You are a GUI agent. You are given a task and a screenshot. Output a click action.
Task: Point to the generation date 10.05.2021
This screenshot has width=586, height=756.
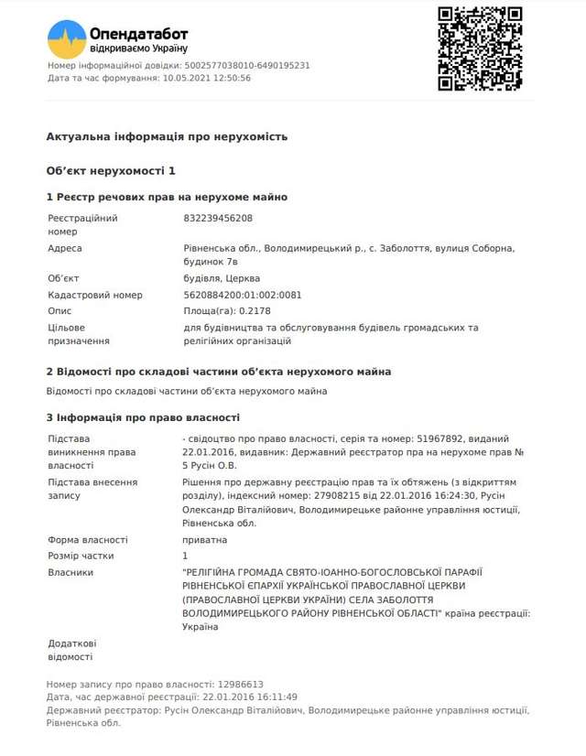pyautogui.click(x=187, y=78)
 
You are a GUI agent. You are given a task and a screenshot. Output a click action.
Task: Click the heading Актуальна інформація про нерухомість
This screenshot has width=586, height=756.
pyautogui.click(x=167, y=136)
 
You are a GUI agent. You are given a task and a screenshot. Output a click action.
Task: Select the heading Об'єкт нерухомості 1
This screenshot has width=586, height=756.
pyautogui.click(x=110, y=171)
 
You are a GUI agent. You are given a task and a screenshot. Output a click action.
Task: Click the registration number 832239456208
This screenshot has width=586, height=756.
pyautogui.click(x=218, y=219)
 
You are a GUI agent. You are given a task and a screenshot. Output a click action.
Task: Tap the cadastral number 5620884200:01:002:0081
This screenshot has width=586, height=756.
pyautogui.click(x=243, y=296)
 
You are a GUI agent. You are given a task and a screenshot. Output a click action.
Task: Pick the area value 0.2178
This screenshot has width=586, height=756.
pyautogui.click(x=241, y=311)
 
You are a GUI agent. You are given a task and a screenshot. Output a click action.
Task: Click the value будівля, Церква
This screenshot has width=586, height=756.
pyautogui.click(x=222, y=278)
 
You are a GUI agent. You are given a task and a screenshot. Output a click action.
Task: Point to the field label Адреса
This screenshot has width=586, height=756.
pyautogui.click(x=64, y=248)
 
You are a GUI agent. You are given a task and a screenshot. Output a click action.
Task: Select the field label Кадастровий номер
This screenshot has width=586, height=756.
pyautogui.click(x=95, y=296)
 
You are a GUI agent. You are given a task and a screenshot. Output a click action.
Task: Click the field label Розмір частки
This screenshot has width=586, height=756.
pyautogui.click(x=81, y=556)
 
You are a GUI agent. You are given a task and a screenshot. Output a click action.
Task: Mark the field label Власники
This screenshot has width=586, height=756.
pyautogui.click(x=71, y=572)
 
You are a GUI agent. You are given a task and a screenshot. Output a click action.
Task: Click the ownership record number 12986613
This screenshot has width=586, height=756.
pyautogui.click(x=240, y=684)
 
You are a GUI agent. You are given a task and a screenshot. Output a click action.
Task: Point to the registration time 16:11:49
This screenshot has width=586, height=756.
pyautogui.click(x=259, y=697)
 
